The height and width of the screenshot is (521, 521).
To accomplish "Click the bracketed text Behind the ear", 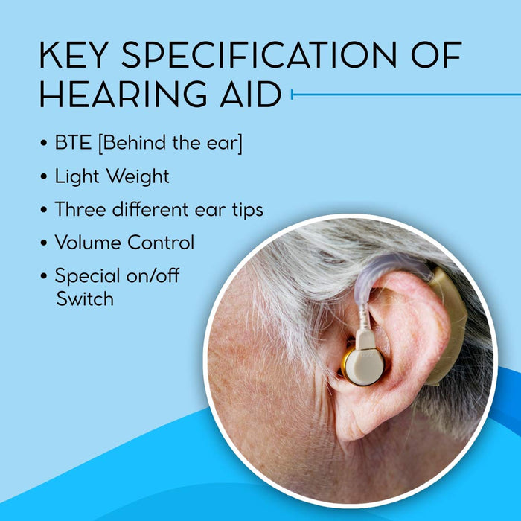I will pos(171,144).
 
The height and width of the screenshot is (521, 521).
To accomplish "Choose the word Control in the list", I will pos(161,243).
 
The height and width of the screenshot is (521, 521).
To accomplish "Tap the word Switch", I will pos(84,298).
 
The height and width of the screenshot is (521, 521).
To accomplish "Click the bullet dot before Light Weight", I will pos(45,178).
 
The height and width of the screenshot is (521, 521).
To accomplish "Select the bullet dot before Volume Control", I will pos(45,243).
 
